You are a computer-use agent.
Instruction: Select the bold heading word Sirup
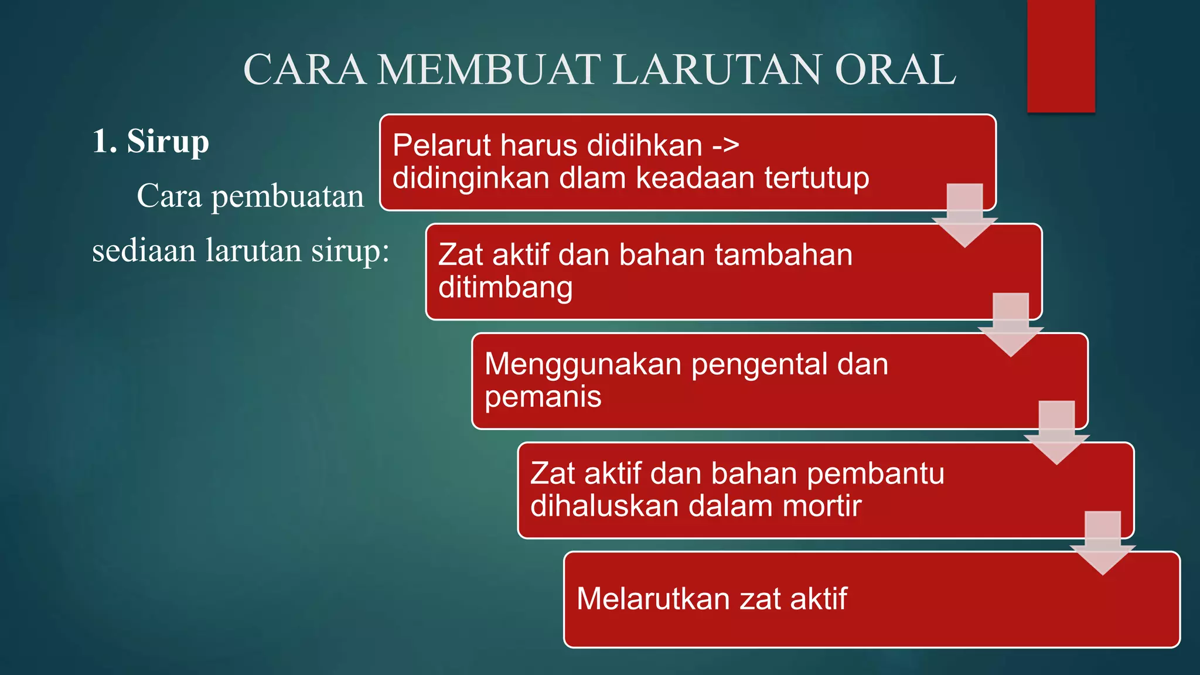tap(168, 142)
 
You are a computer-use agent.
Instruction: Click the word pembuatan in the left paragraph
tap(287, 196)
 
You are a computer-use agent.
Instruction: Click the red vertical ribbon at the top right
tap(1061, 56)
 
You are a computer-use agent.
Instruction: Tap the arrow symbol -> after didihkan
tap(725, 145)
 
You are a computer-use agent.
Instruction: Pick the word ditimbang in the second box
tap(505, 288)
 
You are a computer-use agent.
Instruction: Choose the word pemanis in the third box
tap(543, 397)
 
